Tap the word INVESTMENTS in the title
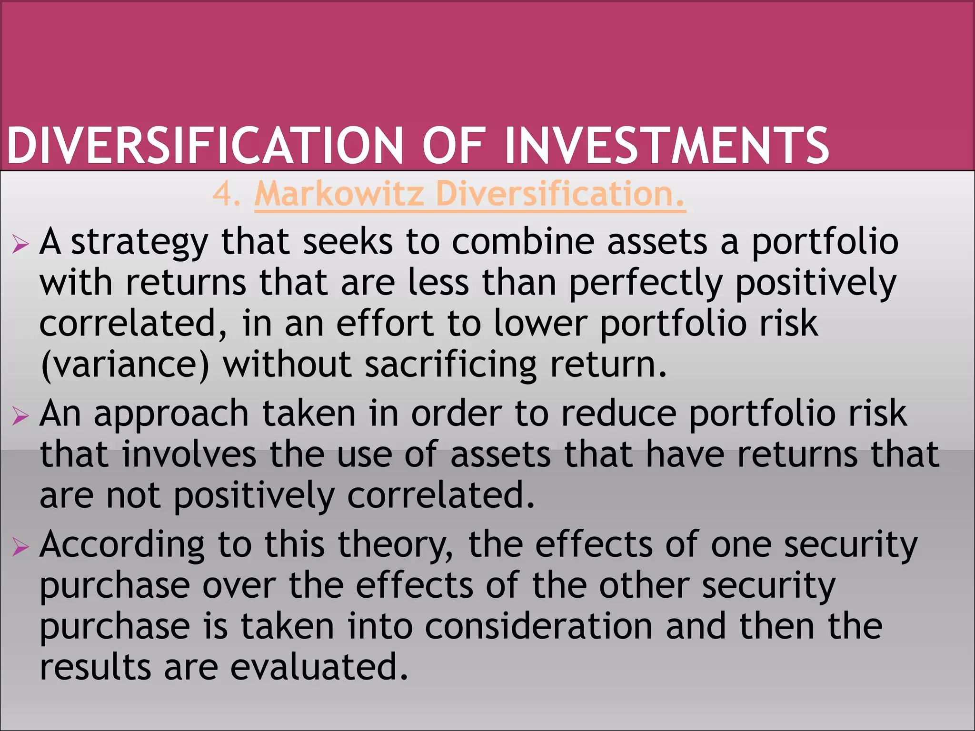(x=667, y=145)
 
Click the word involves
(x=189, y=454)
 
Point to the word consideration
(x=538, y=626)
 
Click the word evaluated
(x=319, y=667)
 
